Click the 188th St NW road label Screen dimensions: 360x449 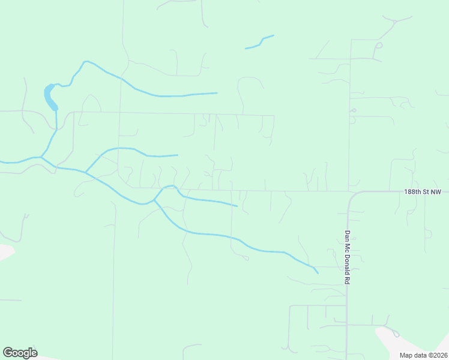[423, 192]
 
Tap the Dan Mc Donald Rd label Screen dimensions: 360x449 [348, 257]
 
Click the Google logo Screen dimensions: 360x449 [20, 353]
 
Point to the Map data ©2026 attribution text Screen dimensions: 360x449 [423, 355]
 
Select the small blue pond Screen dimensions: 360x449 [50, 97]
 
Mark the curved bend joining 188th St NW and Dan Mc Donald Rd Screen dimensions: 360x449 [352, 196]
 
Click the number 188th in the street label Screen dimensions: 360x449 [412, 192]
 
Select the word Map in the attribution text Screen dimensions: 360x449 [406, 355]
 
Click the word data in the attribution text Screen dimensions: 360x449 [420, 355]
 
